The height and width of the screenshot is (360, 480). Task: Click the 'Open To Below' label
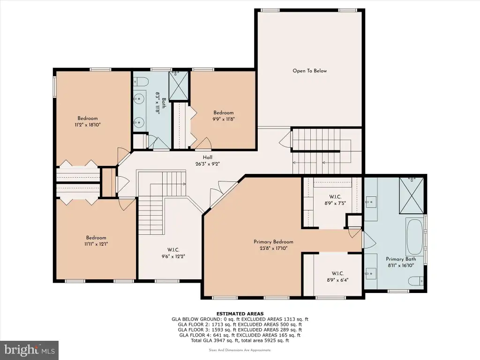pyautogui.click(x=309, y=71)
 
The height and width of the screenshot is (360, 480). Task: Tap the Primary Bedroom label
pyautogui.click(x=273, y=242)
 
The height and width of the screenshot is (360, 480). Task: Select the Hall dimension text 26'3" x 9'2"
pyautogui.click(x=208, y=164)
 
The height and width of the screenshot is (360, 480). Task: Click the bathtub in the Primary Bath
pyautogui.click(x=414, y=237)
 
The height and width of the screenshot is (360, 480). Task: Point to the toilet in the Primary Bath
pyautogui.click(x=416, y=281)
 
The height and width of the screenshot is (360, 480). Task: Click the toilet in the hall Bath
pyautogui.click(x=141, y=82)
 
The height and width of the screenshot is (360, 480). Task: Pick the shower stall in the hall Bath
pyautogui.click(x=179, y=85)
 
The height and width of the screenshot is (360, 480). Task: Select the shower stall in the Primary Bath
pyautogui.click(x=412, y=195)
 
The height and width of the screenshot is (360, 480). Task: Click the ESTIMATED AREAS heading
pyautogui.click(x=240, y=314)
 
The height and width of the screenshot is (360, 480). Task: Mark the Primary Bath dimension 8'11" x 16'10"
pyautogui.click(x=401, y=266)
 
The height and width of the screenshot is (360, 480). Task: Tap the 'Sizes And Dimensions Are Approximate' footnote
pyautogui.click(x=240, y=350)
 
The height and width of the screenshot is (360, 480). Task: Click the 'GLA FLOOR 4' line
pyautogui.click(x=240, y=335)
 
